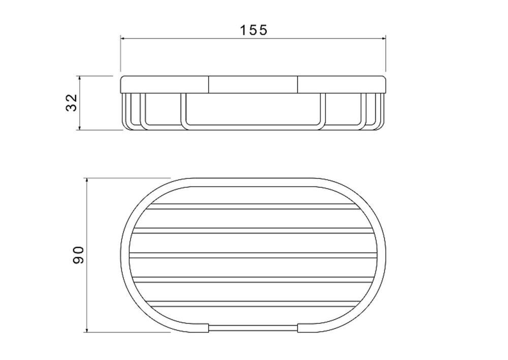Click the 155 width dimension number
tap(253, 30)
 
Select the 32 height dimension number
tap(72, 103)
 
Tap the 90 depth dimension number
tap(78, 255)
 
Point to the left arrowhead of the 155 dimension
tap(123, 39)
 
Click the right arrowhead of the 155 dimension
tap(384, 39)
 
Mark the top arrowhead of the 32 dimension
tap(79, 78)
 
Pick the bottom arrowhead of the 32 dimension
tap(79, 128)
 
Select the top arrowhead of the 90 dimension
tap(86, 181)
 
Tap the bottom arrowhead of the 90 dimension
tap(86, 329)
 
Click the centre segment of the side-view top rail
tap(253, 84)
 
